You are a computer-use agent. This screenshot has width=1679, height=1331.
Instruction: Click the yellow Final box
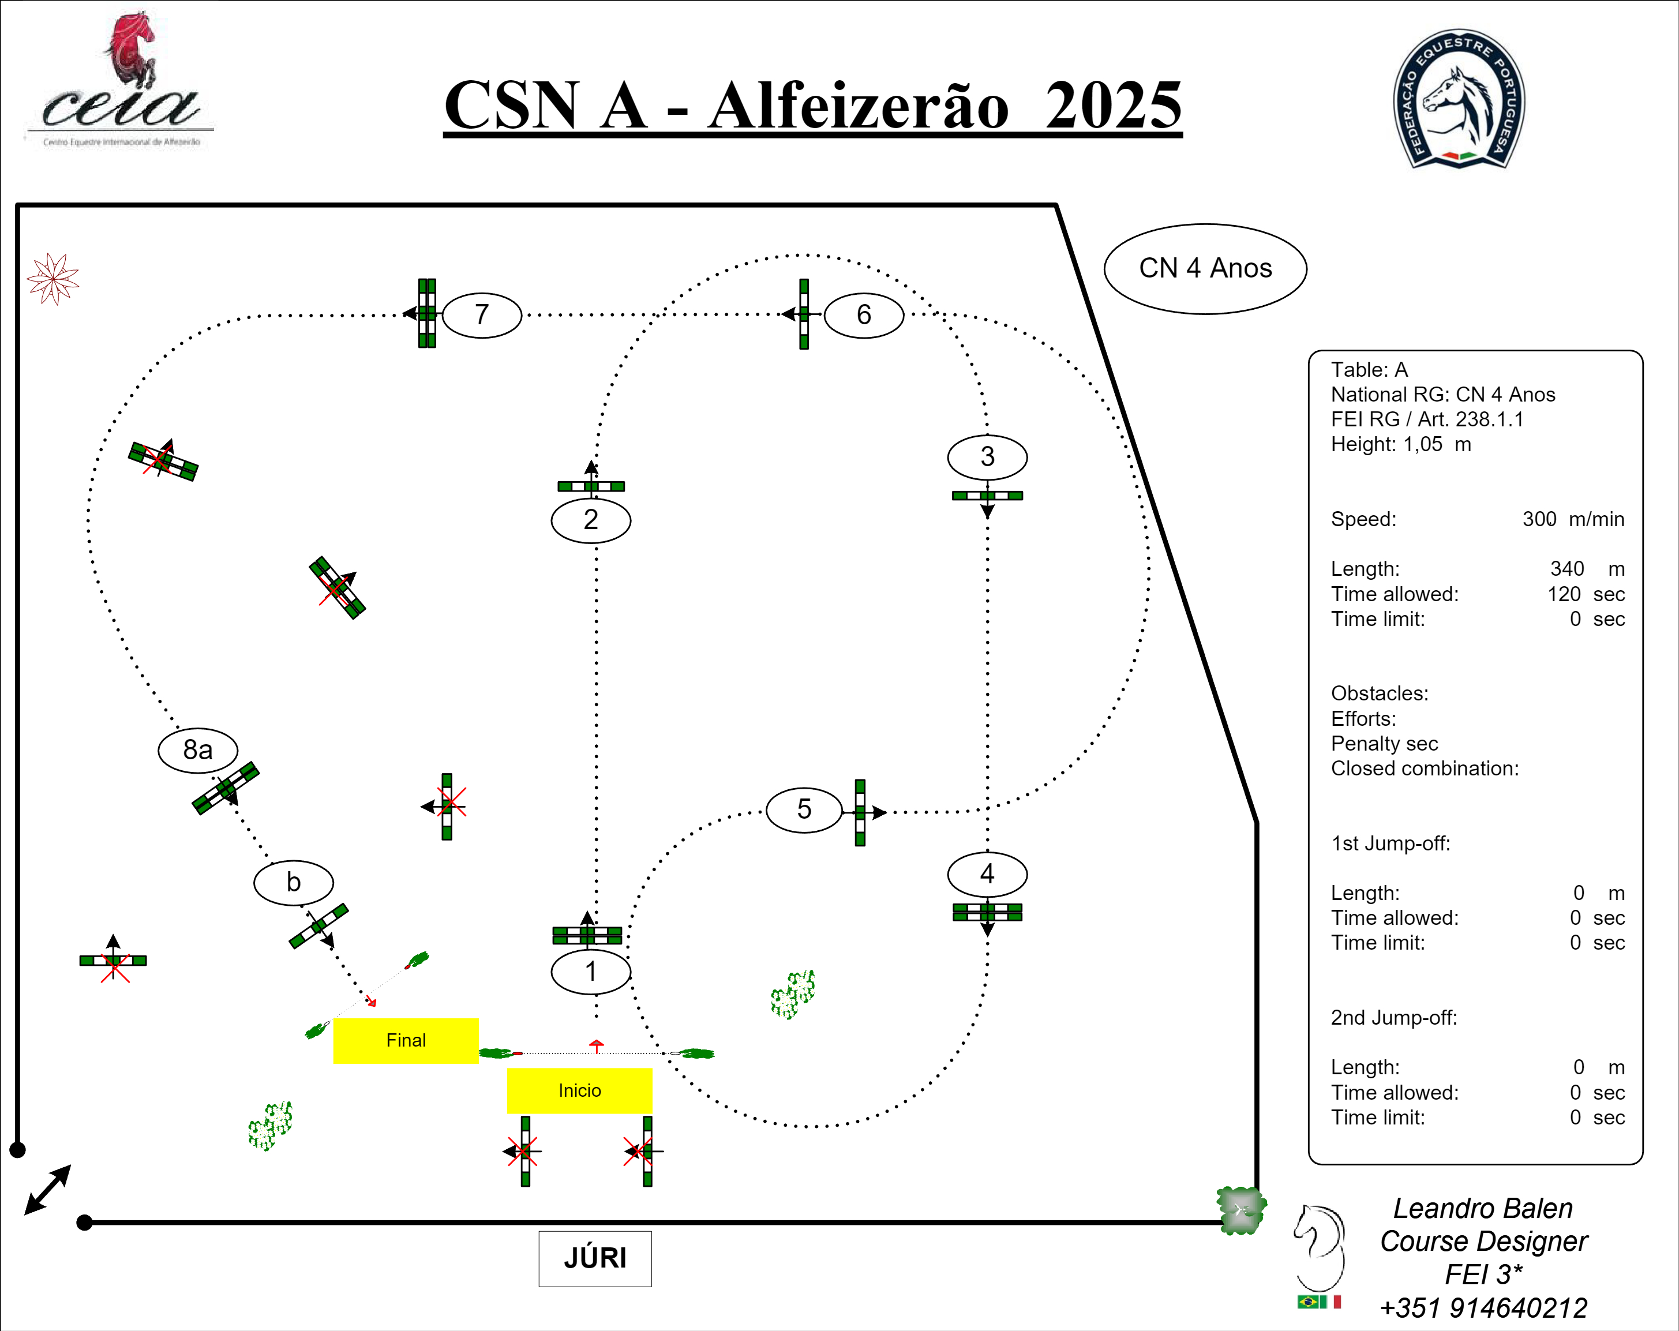click(x=406, y=1040)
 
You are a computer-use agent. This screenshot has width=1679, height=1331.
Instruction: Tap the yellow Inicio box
click(x=579, y=1090)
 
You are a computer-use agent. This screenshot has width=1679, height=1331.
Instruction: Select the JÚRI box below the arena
click(x=595, y=1258)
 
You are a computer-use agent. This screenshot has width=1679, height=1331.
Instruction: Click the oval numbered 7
click(x=482, y=314)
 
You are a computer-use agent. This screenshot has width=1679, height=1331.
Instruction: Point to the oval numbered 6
click(x=864, y=314)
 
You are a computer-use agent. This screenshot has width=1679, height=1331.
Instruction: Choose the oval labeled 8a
click(x=198, y=750)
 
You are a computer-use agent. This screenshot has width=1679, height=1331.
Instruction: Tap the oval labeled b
click(x=294, y=882)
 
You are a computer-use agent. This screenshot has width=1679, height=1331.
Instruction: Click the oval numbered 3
click(x=987, y=456)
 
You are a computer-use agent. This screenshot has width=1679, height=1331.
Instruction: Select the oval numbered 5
click(x=804, y=810)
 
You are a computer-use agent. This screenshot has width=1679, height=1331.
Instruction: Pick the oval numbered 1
click(x=590, y=971)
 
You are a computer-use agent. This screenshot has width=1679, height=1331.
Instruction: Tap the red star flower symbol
click(x=53, y=278)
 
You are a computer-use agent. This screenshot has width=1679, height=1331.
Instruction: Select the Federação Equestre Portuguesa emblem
click(x=1459, y=99)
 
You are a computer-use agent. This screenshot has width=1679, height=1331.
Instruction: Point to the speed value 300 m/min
click(x=1572, y=519)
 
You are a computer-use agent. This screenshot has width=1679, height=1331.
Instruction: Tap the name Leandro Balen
click(x=1483, y=1208)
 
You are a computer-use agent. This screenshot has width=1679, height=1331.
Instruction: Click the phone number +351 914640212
click(x=1483, y=1308)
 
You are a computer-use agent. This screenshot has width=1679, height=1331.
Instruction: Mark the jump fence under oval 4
click(x=987, y=912)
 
